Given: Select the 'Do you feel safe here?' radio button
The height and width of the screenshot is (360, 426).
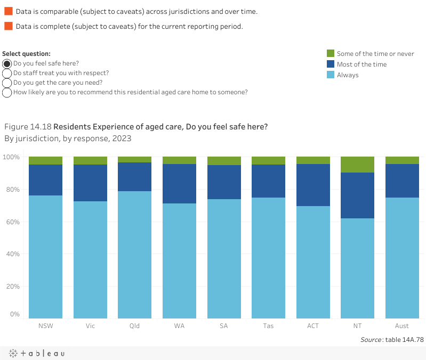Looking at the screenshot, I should [7, 63].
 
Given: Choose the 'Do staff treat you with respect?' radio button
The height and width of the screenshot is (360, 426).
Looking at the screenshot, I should [7, 73].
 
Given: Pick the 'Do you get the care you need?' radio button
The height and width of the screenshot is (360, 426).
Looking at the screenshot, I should [7, 83].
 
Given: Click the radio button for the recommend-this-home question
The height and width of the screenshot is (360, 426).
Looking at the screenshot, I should [7, 92].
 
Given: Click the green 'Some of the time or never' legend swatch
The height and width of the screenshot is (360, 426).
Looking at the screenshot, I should [331, 53].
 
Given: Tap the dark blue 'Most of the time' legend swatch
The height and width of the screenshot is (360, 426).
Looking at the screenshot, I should [331, 64].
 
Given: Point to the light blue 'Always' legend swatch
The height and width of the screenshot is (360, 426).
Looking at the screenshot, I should [331, 75].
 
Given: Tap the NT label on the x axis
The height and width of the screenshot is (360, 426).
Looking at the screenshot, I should [357, 325].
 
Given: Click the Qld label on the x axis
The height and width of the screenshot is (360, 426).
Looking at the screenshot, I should [134, 325].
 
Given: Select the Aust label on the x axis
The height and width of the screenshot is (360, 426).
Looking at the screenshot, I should [402, 325].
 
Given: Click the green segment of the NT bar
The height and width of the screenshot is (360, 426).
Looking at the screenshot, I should [357, 165].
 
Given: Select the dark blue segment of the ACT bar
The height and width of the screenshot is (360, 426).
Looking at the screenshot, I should [313, 185].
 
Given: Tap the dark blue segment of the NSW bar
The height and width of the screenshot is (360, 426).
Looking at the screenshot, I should [45, 180].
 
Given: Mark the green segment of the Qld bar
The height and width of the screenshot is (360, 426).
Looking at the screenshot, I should [134, 159].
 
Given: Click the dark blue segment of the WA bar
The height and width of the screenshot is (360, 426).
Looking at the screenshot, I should [179, 184].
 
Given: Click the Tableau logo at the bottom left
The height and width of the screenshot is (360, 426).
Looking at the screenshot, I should [37, 353].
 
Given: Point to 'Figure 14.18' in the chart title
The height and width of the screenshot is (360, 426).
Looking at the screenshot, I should [27, 127].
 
